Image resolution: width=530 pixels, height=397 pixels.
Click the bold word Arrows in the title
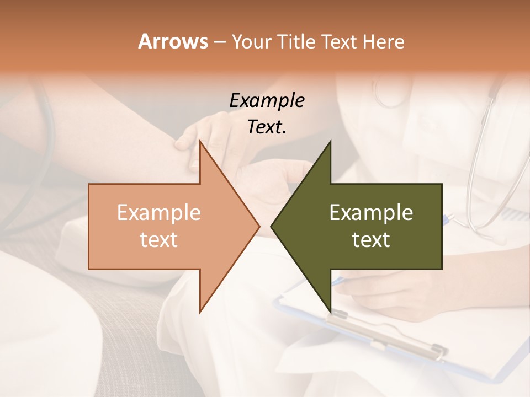(173, 41)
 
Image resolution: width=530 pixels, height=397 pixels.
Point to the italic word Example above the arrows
(267, 100)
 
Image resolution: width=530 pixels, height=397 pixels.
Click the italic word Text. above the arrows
(267, 127)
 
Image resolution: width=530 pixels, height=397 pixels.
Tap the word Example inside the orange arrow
(159, 213)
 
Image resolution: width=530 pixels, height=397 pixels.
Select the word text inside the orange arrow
(159, 240)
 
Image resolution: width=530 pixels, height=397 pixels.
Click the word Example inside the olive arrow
(371, 213)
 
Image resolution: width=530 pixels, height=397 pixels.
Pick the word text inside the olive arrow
(371, 240)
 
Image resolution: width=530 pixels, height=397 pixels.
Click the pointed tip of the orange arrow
(259, 226)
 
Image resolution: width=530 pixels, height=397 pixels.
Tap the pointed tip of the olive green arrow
(271, 226)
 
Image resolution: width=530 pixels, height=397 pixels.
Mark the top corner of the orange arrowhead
(200, 141)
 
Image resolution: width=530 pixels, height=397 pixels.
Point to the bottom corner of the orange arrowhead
(200, 312)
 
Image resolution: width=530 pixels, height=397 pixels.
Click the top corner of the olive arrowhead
(330, 141)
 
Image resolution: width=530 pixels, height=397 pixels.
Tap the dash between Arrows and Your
(220, 42)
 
